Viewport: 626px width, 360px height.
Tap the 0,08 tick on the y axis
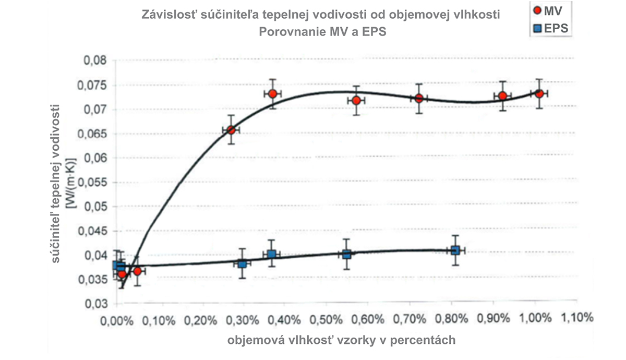click(x=95, y=61)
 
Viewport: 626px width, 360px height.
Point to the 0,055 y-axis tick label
click(x=93, y=182)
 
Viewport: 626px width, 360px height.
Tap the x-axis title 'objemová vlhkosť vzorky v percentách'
click(x=341, y=340)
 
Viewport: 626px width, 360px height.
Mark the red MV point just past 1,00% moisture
click(x=539, y=94)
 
